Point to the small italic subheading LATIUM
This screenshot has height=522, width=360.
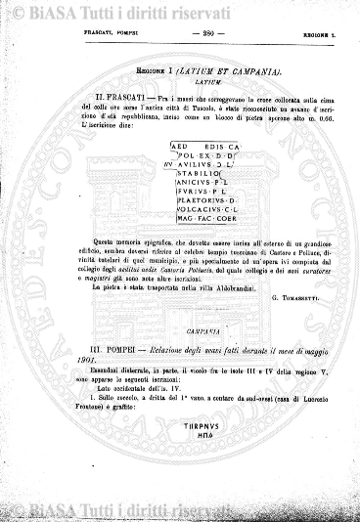pos(180,82)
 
